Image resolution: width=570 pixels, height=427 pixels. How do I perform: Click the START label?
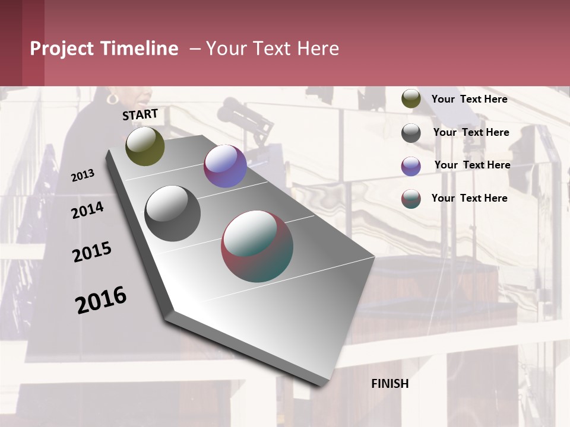(140, 114)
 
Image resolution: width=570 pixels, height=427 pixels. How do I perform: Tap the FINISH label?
(390, 384)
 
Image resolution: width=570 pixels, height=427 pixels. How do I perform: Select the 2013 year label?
(83, 175)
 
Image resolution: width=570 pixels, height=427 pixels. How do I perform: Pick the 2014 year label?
(87, 210)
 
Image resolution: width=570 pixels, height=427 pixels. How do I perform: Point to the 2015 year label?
(92, 252)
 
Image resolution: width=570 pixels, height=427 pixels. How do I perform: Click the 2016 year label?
(101, 299)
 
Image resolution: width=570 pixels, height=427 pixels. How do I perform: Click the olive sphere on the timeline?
(145, 146)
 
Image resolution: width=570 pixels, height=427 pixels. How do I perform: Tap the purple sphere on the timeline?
(225, 166)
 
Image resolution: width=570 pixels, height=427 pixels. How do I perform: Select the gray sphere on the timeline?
(173, 213)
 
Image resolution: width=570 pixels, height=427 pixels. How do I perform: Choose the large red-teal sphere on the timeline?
(257, 246)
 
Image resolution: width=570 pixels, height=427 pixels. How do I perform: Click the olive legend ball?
(411, 99)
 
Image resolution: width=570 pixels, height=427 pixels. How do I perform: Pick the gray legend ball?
(411, 133)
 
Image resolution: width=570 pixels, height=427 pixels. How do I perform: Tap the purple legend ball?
(411, 166)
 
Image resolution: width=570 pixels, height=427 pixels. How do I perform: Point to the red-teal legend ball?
(411, 199)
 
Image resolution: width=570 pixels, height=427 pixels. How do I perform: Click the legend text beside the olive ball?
(469, 99)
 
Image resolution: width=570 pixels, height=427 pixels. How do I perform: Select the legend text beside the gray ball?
(471, 132)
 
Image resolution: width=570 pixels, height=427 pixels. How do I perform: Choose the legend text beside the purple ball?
(472, 165)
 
